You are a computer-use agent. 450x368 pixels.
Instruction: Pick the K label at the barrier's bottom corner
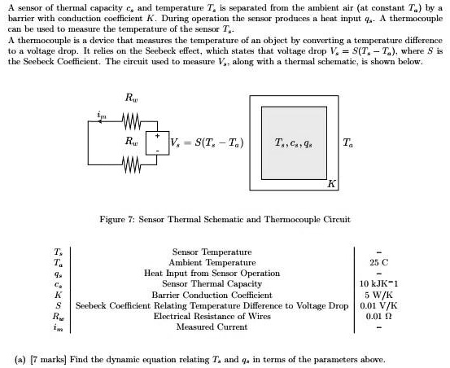pyautogui.click(x=331, y=185)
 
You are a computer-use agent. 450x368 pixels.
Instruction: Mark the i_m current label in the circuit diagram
pyautogui.click(x=102, y=117)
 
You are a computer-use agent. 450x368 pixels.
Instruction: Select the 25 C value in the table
pyautogui.click(x=380, y=263)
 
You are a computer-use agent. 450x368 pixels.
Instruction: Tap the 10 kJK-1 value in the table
pyautogui.click(x=380, y=284)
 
